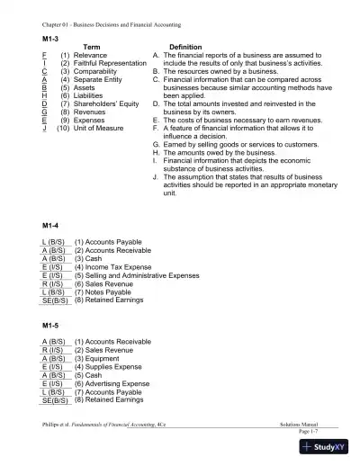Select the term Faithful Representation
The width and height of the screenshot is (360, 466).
tap(106, 64)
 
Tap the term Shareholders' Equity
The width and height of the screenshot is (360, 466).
tap(106, 103)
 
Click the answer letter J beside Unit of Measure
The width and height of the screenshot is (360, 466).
tap(45, 128)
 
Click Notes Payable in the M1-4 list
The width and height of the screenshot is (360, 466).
tap(108, 291)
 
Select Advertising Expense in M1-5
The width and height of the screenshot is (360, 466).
tap(117, 383)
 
